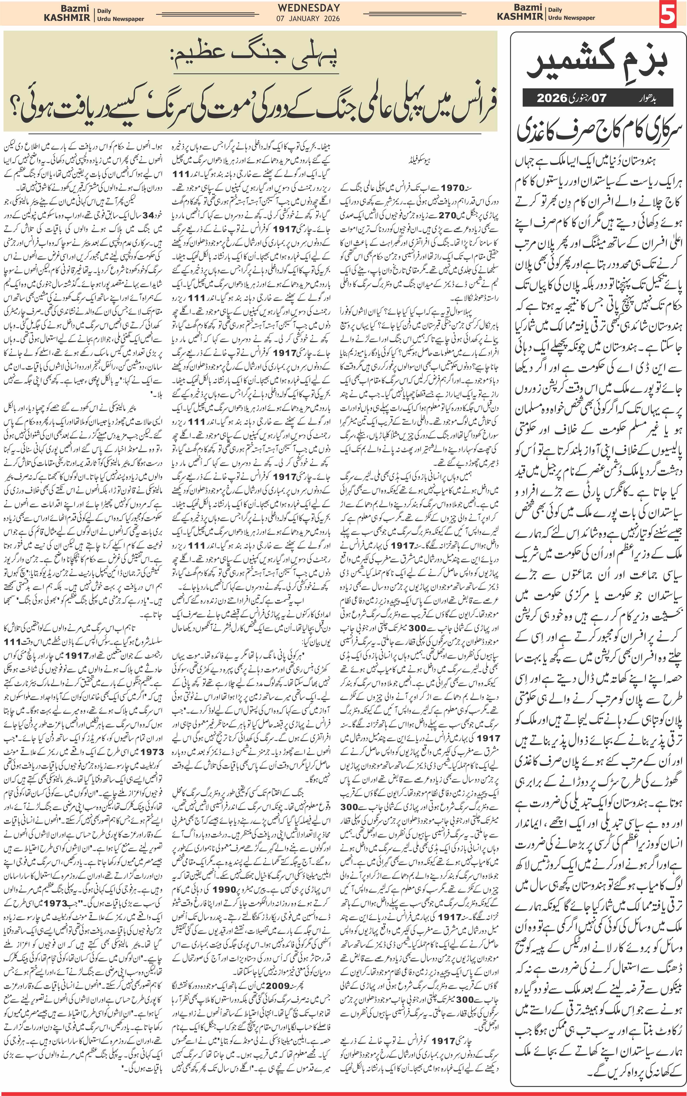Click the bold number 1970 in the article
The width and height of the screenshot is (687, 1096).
[x=452, y=187]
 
